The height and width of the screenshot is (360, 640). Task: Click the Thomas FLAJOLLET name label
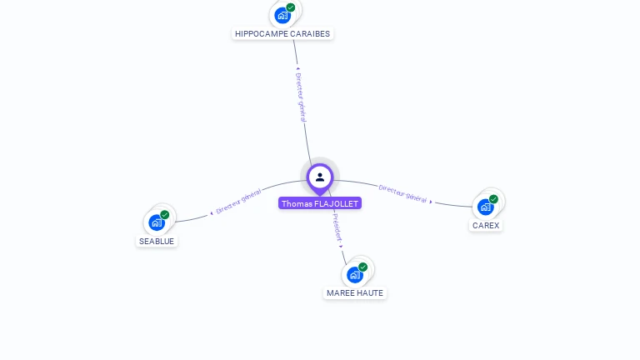tap(320, 203)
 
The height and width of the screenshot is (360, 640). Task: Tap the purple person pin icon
tap(320, 177)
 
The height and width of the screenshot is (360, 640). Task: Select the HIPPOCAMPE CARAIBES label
tap(282, 34)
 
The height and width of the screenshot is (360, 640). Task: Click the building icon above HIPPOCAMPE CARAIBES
tap(282, 15)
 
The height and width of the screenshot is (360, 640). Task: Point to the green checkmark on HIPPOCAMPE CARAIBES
tap(291, 7)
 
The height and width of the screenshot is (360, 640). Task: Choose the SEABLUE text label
tap(157, 241)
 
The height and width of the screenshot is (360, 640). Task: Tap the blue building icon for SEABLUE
tap(156, 222)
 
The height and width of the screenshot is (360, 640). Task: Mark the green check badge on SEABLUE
tap(165, 215)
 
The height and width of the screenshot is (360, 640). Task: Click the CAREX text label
tap(486, 225)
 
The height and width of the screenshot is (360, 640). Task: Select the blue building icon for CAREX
tap(485, 207)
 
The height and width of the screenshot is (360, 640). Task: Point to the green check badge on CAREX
tap(494, 199)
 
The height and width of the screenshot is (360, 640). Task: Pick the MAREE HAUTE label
tap(355, 293)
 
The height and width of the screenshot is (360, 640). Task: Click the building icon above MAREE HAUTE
tap(354, 274)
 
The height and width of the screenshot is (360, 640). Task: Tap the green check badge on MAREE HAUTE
tap(363, 267)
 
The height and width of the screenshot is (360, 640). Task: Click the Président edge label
tap(335, 227)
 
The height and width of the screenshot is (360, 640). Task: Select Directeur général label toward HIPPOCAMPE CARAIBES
tap(302, 97)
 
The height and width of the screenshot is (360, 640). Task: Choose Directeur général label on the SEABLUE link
tap(238, 202)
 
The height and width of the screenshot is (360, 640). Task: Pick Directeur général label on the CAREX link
tap(403, 193)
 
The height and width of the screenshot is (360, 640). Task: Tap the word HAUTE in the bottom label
tap(370, 293)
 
